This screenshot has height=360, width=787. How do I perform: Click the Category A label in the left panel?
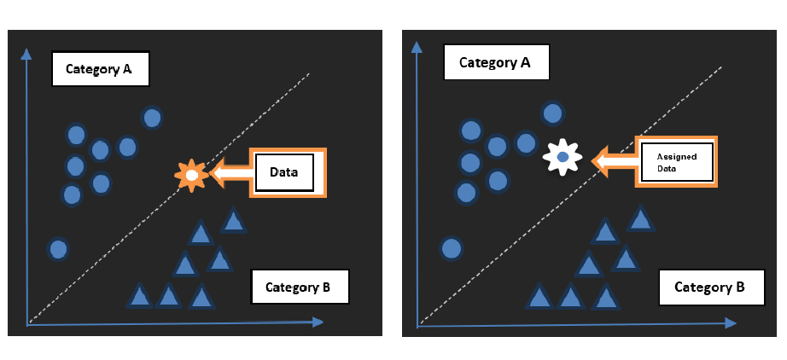click(x=101, y=69)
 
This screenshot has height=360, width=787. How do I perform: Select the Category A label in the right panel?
click(x=495, y=63)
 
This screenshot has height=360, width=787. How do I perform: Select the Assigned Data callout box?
click(x=676, y=161)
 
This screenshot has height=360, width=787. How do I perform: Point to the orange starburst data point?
click(x=191, y=175)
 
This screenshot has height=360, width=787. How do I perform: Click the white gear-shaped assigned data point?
click(x=563, y=158)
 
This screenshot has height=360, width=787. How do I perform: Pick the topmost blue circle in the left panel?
click(x=152, y=118)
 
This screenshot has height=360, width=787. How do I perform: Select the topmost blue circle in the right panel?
click(x=552, y=113)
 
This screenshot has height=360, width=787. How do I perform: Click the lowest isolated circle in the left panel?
click(x=58, y=249)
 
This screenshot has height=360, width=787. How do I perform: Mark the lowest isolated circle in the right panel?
click(x=452, y=249)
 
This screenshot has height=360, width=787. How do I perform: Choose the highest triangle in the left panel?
click(x=233, y=221)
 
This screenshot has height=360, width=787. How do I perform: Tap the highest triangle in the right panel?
click(x=640, y=219)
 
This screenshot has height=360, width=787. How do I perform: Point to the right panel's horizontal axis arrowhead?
click(x=730, y=324)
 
